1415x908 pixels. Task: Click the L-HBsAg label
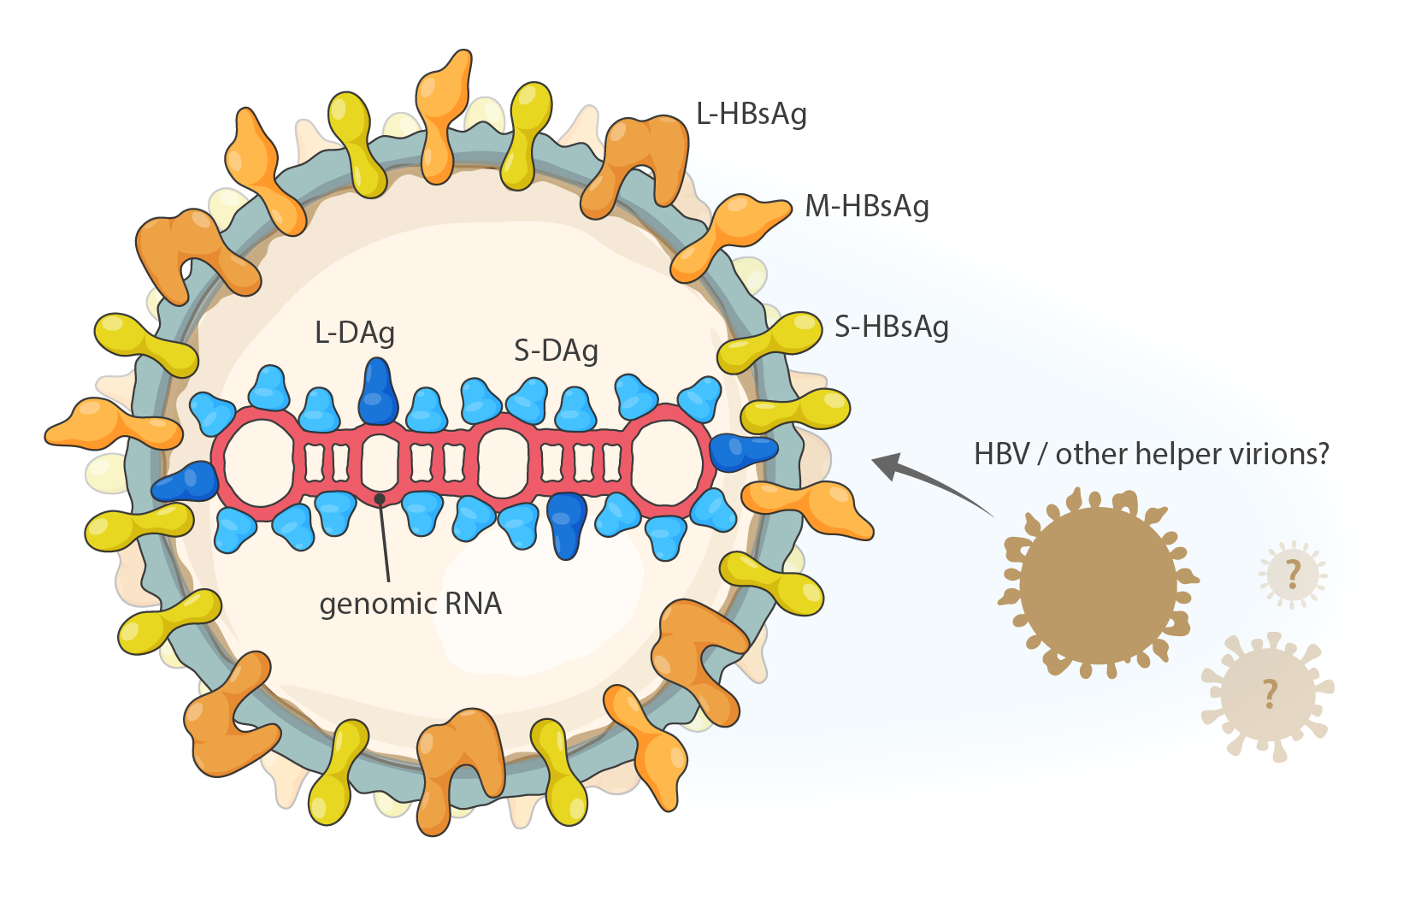tap(751, 114)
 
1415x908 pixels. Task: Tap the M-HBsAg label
tap(866, 206)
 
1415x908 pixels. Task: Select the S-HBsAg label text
tap(891, 327)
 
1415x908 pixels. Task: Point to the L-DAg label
tap(355, 333)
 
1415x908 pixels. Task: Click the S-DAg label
tap(556, 351)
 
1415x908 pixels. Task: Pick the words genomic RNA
tap(410, 604)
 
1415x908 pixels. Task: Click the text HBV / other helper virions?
tap(1151, 454)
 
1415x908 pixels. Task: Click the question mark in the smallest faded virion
tap(1293, 574)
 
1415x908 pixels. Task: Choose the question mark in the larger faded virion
tap(1271, 693)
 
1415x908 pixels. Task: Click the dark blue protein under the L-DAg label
tap(377, 392)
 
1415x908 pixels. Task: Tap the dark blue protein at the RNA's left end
tap(186, 483)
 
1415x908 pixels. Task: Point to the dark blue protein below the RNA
tap(567, 522)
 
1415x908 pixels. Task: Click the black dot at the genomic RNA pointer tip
tap(380, 498)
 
